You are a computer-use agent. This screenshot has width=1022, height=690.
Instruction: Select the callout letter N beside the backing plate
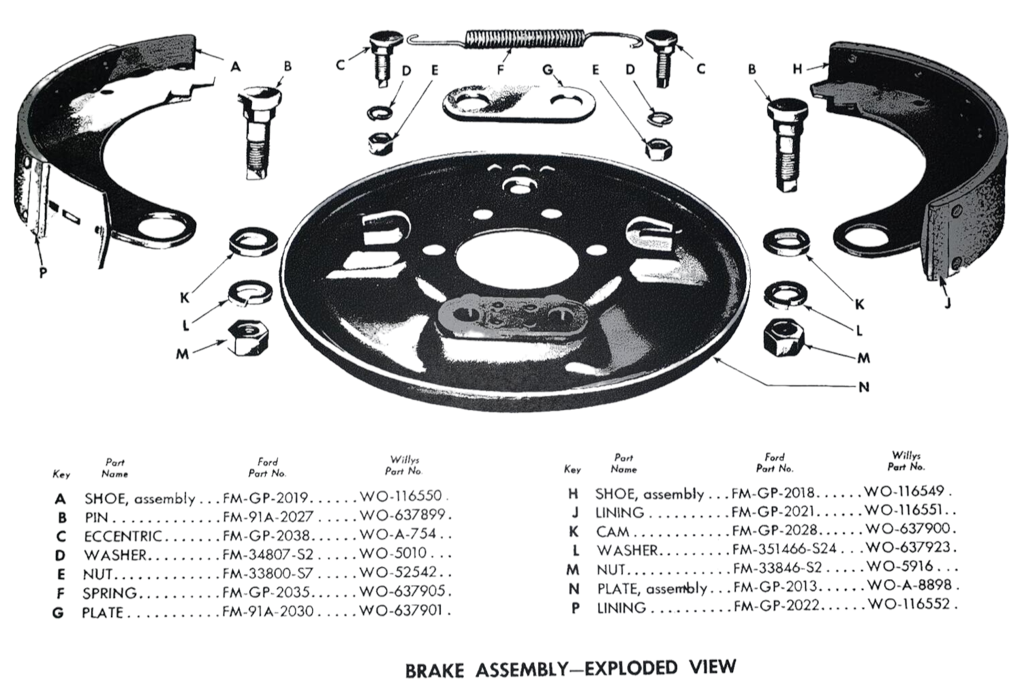(x=863, y=387)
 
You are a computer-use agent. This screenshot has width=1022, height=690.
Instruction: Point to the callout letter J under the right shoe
(x=947, y=302)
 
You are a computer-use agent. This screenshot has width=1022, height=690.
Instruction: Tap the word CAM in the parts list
(x=613, y=531)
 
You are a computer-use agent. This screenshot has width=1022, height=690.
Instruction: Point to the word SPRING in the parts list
(x=109, y=593)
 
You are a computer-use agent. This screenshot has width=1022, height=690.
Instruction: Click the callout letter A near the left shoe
(x=235, y=66)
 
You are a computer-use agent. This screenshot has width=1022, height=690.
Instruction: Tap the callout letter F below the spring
(x=501, y=69)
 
